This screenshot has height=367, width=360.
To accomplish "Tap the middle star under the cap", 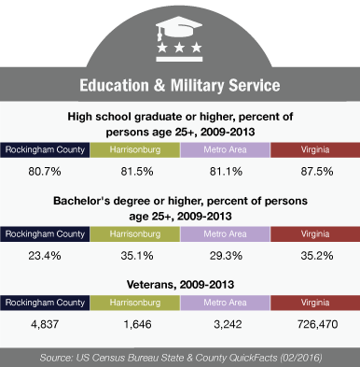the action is coord(179,48).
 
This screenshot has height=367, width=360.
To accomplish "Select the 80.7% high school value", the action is coord(45,172).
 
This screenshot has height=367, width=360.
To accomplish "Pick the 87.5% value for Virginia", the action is coord(317,172).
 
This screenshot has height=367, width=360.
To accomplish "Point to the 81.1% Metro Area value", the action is coord(226,172).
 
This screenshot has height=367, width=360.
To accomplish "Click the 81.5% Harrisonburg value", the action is coord(137,172).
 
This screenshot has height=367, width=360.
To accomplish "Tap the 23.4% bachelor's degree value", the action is coord(45,256).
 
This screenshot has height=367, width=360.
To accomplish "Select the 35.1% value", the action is coord(137,256).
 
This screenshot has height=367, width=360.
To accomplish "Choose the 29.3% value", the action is coord(226,256).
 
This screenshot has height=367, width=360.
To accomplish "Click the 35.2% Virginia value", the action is coord(317,256).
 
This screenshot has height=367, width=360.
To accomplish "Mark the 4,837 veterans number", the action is coord(45,324).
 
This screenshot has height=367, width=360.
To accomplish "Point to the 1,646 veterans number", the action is coord(137,324).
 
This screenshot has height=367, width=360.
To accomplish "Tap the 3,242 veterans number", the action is coord(228,324).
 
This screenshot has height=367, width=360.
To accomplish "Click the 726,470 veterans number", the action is coord(317,324).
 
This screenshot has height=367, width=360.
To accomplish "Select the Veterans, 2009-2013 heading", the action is coord(180,285).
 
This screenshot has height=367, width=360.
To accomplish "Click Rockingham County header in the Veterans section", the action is coord(45,303).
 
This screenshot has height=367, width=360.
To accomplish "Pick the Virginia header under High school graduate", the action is coord(315,149).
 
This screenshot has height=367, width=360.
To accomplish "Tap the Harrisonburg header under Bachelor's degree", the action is coord(135,233).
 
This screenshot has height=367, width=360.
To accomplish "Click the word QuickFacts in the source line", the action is coord(253,358).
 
